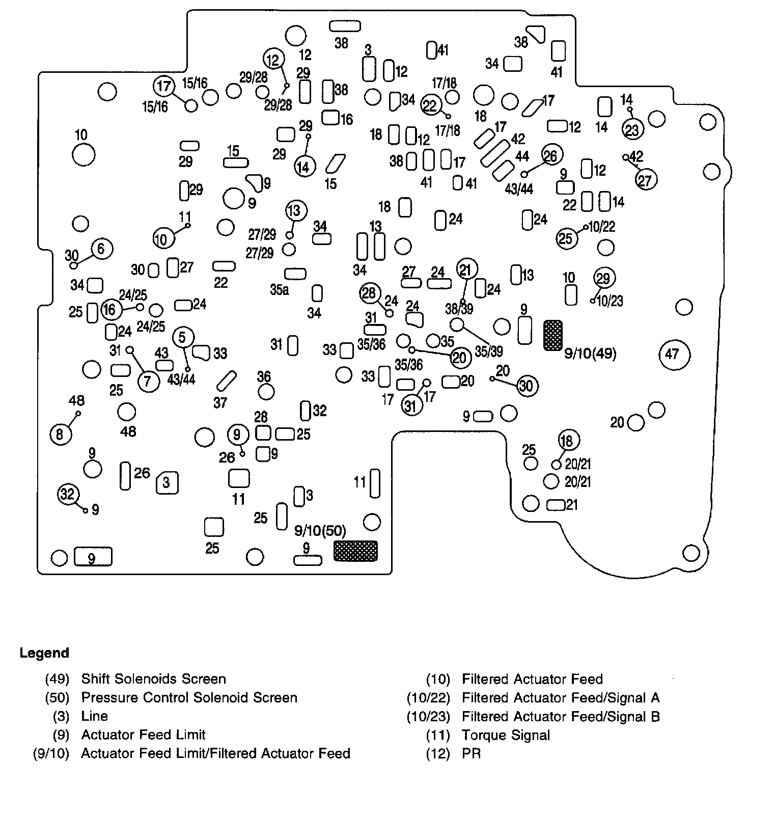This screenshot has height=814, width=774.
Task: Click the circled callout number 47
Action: (x=674, y=354)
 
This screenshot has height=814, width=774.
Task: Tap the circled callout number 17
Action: (x=164, y=86)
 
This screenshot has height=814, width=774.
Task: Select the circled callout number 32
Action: (x=68, y=494)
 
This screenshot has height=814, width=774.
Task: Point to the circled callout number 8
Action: (x=60, y=435)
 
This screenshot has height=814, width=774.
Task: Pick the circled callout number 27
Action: (x=645, y=180)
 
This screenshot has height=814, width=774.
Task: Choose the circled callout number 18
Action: (x=568, y=440)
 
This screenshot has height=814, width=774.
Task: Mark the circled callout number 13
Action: (x=296, y=210)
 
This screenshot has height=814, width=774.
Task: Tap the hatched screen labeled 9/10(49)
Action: (x=553, y=335)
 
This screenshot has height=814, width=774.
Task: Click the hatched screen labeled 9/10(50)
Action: (x=355, y=551)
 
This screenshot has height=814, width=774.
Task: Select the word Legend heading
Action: (x=44, y=653)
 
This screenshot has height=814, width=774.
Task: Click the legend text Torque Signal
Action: (x=506, y=735)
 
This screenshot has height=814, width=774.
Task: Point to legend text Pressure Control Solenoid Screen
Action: (x=189, y=697)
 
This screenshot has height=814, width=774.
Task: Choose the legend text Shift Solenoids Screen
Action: (x=153, y=679)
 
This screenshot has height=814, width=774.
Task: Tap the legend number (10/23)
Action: (x=428, y=717)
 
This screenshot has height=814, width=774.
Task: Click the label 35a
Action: (x=280, y=290)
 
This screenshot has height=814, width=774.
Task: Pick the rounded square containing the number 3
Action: (x=167, y=482)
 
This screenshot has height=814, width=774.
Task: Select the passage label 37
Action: (x=220, y=403)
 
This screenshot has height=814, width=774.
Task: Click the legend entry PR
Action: (x=471, y=753)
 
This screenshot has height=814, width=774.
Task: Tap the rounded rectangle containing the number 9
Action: (x=93, y=557)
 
